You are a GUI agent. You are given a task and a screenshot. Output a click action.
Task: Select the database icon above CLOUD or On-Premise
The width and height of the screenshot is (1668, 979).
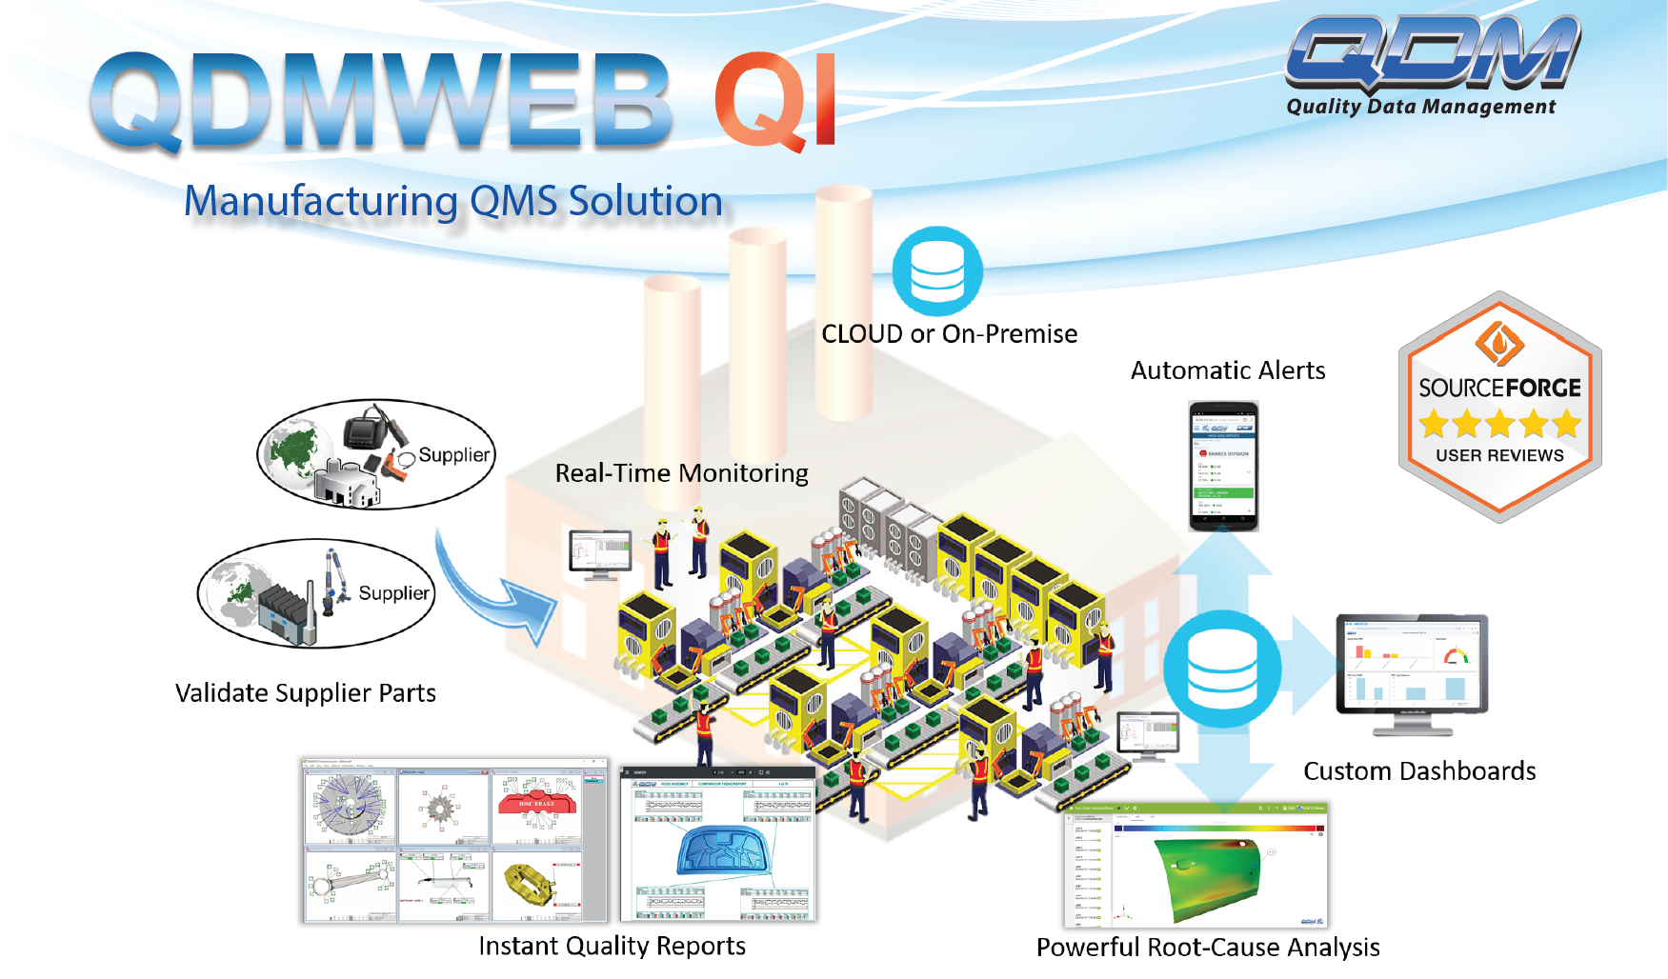tap(937, 270)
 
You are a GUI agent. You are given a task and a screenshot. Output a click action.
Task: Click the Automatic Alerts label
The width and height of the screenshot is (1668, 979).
tap(1227, 370)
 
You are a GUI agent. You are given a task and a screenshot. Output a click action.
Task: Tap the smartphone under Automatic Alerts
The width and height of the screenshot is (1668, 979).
tap(1223, 466)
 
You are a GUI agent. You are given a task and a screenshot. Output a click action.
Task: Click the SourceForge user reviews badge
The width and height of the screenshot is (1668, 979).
tap(1499, 408)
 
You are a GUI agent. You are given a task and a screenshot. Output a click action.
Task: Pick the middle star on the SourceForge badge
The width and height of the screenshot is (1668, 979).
tap(1499, 423)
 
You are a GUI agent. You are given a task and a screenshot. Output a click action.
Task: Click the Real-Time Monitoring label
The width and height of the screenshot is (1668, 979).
tap(681, 473)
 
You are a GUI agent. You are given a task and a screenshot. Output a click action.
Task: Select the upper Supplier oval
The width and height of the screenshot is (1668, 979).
tap(375, 454)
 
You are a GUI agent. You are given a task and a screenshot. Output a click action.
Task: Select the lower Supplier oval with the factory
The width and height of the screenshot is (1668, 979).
tap(315, 593)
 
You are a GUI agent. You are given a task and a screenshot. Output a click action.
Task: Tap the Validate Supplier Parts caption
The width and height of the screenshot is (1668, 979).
tap(305, 693)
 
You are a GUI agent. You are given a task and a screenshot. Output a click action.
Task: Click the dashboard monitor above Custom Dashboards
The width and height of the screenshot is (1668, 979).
tap(1412, 667)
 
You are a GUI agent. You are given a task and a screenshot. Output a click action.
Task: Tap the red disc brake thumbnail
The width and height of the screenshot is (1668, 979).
tap(537, 806)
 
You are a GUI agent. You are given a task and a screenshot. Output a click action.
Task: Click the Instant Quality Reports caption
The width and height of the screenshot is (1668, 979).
tap(612, 946)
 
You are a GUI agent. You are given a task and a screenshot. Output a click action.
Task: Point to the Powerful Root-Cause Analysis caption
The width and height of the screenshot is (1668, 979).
tap(1207, 948)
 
